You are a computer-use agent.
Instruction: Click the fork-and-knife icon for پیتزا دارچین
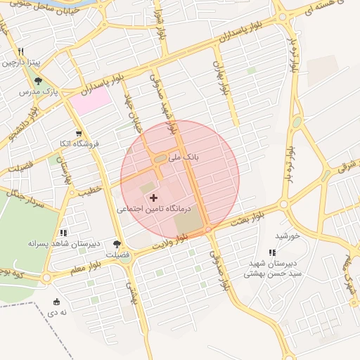tap(22, 51)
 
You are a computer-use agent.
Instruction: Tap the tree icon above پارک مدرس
tap(38, 82)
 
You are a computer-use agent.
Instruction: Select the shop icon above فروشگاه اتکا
tap(79, 134)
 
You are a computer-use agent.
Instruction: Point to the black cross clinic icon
tap(154, 198)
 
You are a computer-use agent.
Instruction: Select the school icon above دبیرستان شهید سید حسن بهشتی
tap(271, 252)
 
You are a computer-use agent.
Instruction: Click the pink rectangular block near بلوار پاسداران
tap(91, 102)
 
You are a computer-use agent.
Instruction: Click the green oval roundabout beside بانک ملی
tap(160, 159)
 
